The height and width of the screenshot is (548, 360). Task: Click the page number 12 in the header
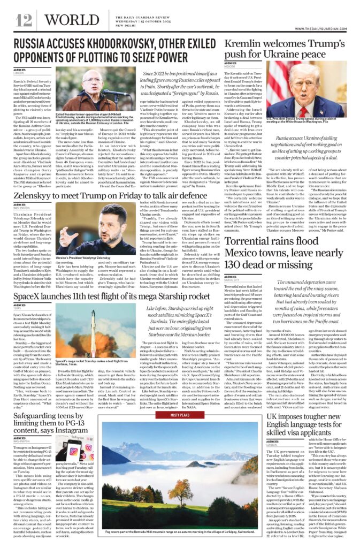(24, 20)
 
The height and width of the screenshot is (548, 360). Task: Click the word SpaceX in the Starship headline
(30, 295)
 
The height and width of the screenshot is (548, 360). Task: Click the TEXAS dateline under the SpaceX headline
(18, 309)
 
